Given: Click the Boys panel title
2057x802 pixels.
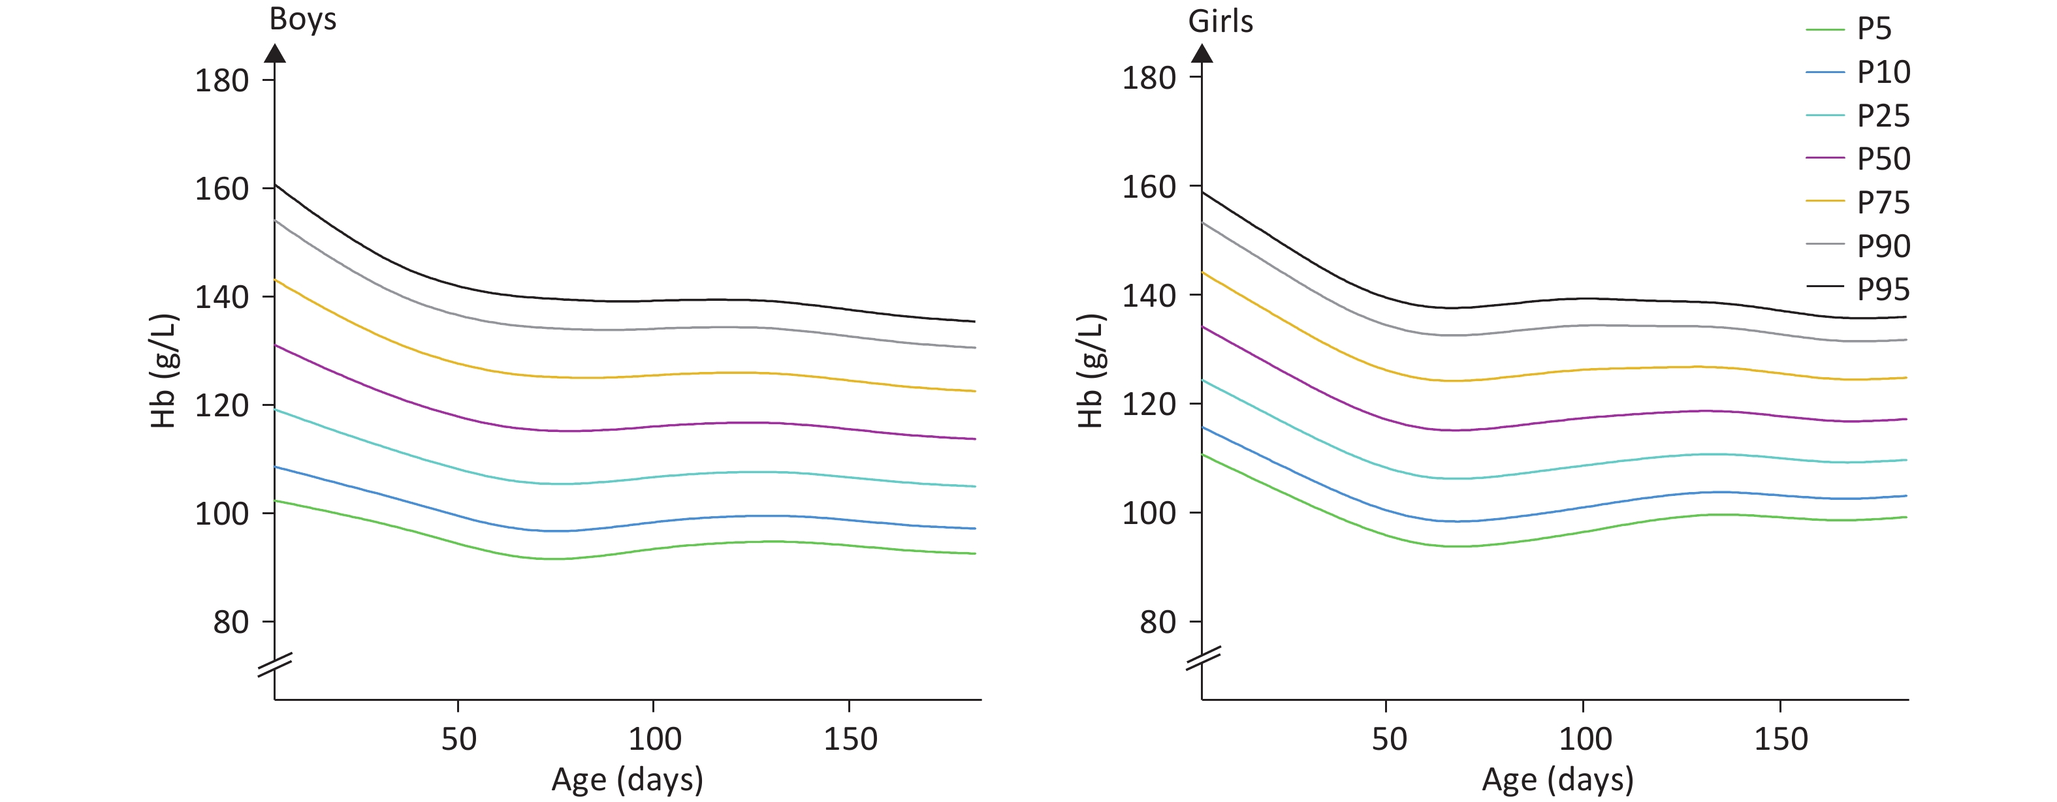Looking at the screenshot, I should [302, 19].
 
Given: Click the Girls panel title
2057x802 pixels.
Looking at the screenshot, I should [1220, 22].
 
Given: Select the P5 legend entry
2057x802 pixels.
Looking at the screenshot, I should [1874, 29].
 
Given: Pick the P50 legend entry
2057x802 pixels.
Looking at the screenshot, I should [1883, 159].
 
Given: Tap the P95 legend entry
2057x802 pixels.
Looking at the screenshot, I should [1883, 289].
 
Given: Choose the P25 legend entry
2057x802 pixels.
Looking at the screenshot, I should [1883, 116].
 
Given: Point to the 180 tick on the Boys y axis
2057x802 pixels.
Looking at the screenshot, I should [222, 81].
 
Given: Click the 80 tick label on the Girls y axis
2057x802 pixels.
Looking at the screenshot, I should [1158, 623].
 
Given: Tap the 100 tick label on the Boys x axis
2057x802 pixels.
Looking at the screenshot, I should [654, 739].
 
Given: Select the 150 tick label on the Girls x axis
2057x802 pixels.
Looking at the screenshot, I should [1780, 739].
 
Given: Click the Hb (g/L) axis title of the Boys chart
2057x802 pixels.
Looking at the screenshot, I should [164, 371].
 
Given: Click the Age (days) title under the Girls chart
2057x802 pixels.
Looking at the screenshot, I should [1557, 780].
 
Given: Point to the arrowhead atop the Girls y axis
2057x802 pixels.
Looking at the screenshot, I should [1202, 54].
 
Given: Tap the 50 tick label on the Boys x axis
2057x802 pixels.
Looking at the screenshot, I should [458, 739].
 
